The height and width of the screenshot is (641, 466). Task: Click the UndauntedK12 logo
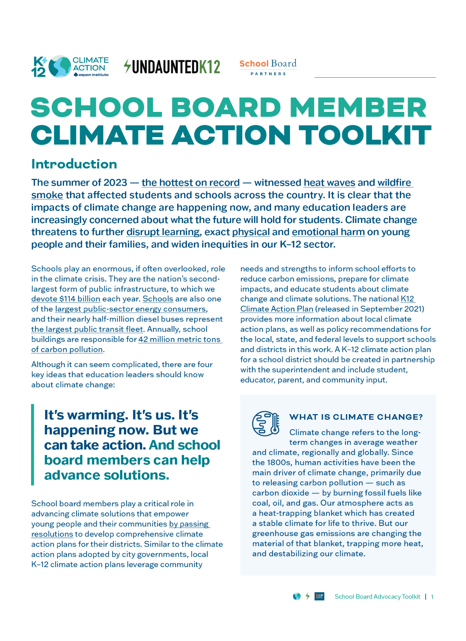tap(172, 67)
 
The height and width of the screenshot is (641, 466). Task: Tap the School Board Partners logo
tap(268, 67)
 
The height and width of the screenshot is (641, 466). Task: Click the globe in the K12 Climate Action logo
tap(60, 66)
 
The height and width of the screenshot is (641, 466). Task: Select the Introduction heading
tap(74, 164)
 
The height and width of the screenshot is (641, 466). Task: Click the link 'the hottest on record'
tap(190, 183)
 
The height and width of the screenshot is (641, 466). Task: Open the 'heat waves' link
tap(329, 183)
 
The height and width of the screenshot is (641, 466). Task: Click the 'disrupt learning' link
tap(163, 232)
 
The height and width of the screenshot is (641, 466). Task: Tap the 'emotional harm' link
tap(328, 232)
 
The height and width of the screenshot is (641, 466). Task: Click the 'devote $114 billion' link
tap(66, 299)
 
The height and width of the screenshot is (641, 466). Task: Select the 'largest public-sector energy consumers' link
tap(130, 309)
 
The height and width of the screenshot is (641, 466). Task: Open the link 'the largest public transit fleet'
tap(87, 329)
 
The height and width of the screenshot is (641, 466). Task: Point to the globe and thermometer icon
tap(266, 423)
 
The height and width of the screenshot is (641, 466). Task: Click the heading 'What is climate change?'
tap(356, 417)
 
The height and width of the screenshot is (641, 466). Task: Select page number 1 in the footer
tap(432, 597)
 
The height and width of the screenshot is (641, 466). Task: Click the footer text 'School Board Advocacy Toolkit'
tap(377, 597)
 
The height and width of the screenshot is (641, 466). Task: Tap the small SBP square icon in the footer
tap(319, 596)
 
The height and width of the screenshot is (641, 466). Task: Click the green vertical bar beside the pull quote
tap(33, 445)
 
